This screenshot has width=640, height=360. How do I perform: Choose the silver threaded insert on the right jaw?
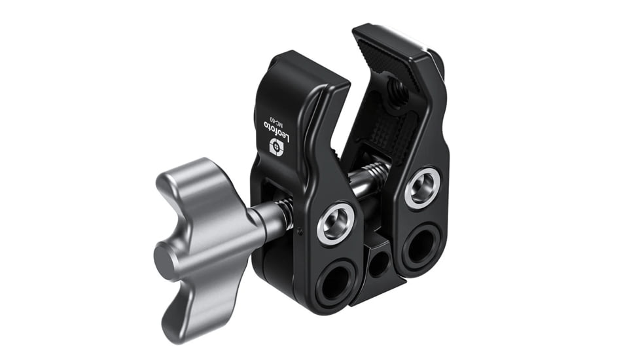pyautogui.click(x=422, y=188)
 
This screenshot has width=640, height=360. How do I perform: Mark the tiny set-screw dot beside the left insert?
pyautogui.click(x=300, y=230)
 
